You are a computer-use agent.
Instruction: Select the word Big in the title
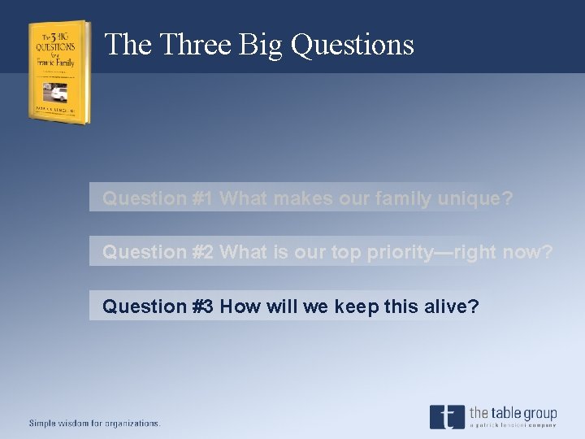click(x=261, y=44)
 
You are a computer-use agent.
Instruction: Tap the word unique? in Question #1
click(x=475, y=198)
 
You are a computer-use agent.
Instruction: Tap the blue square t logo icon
click(x=447, y=416)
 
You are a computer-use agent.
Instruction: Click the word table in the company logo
click(x=505, y=414)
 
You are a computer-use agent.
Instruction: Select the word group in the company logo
click(x=540, y=414)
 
